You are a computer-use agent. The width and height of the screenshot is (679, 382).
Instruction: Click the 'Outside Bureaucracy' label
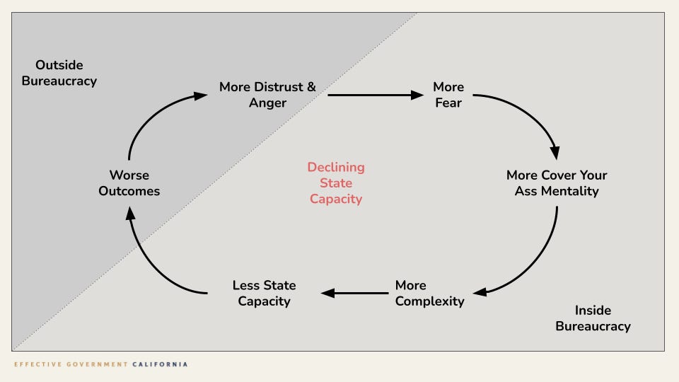coord(59,74)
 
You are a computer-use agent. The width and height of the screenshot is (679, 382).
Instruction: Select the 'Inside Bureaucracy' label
coord(593,318)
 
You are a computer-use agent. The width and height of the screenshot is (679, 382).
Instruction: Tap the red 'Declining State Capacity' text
coord(336,183)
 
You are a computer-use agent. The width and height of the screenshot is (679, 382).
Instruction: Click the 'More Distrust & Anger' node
coord(267,95)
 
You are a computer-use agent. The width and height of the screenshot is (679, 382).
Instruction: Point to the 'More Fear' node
coord(448,95)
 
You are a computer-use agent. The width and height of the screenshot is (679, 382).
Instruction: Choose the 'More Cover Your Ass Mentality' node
coord(557,183)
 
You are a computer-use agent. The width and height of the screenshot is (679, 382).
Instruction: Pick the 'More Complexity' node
coord(429,294)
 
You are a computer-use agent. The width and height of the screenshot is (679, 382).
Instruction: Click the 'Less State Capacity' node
coord(265,294)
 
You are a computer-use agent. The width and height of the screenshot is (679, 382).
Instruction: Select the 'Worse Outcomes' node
coord(129,183)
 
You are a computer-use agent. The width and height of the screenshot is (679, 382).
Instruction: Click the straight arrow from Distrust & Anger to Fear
coord(375,94)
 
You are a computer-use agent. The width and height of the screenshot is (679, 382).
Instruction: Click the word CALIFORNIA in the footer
coord(160,364)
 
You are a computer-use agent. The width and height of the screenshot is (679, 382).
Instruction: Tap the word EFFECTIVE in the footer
coord(35,364)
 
